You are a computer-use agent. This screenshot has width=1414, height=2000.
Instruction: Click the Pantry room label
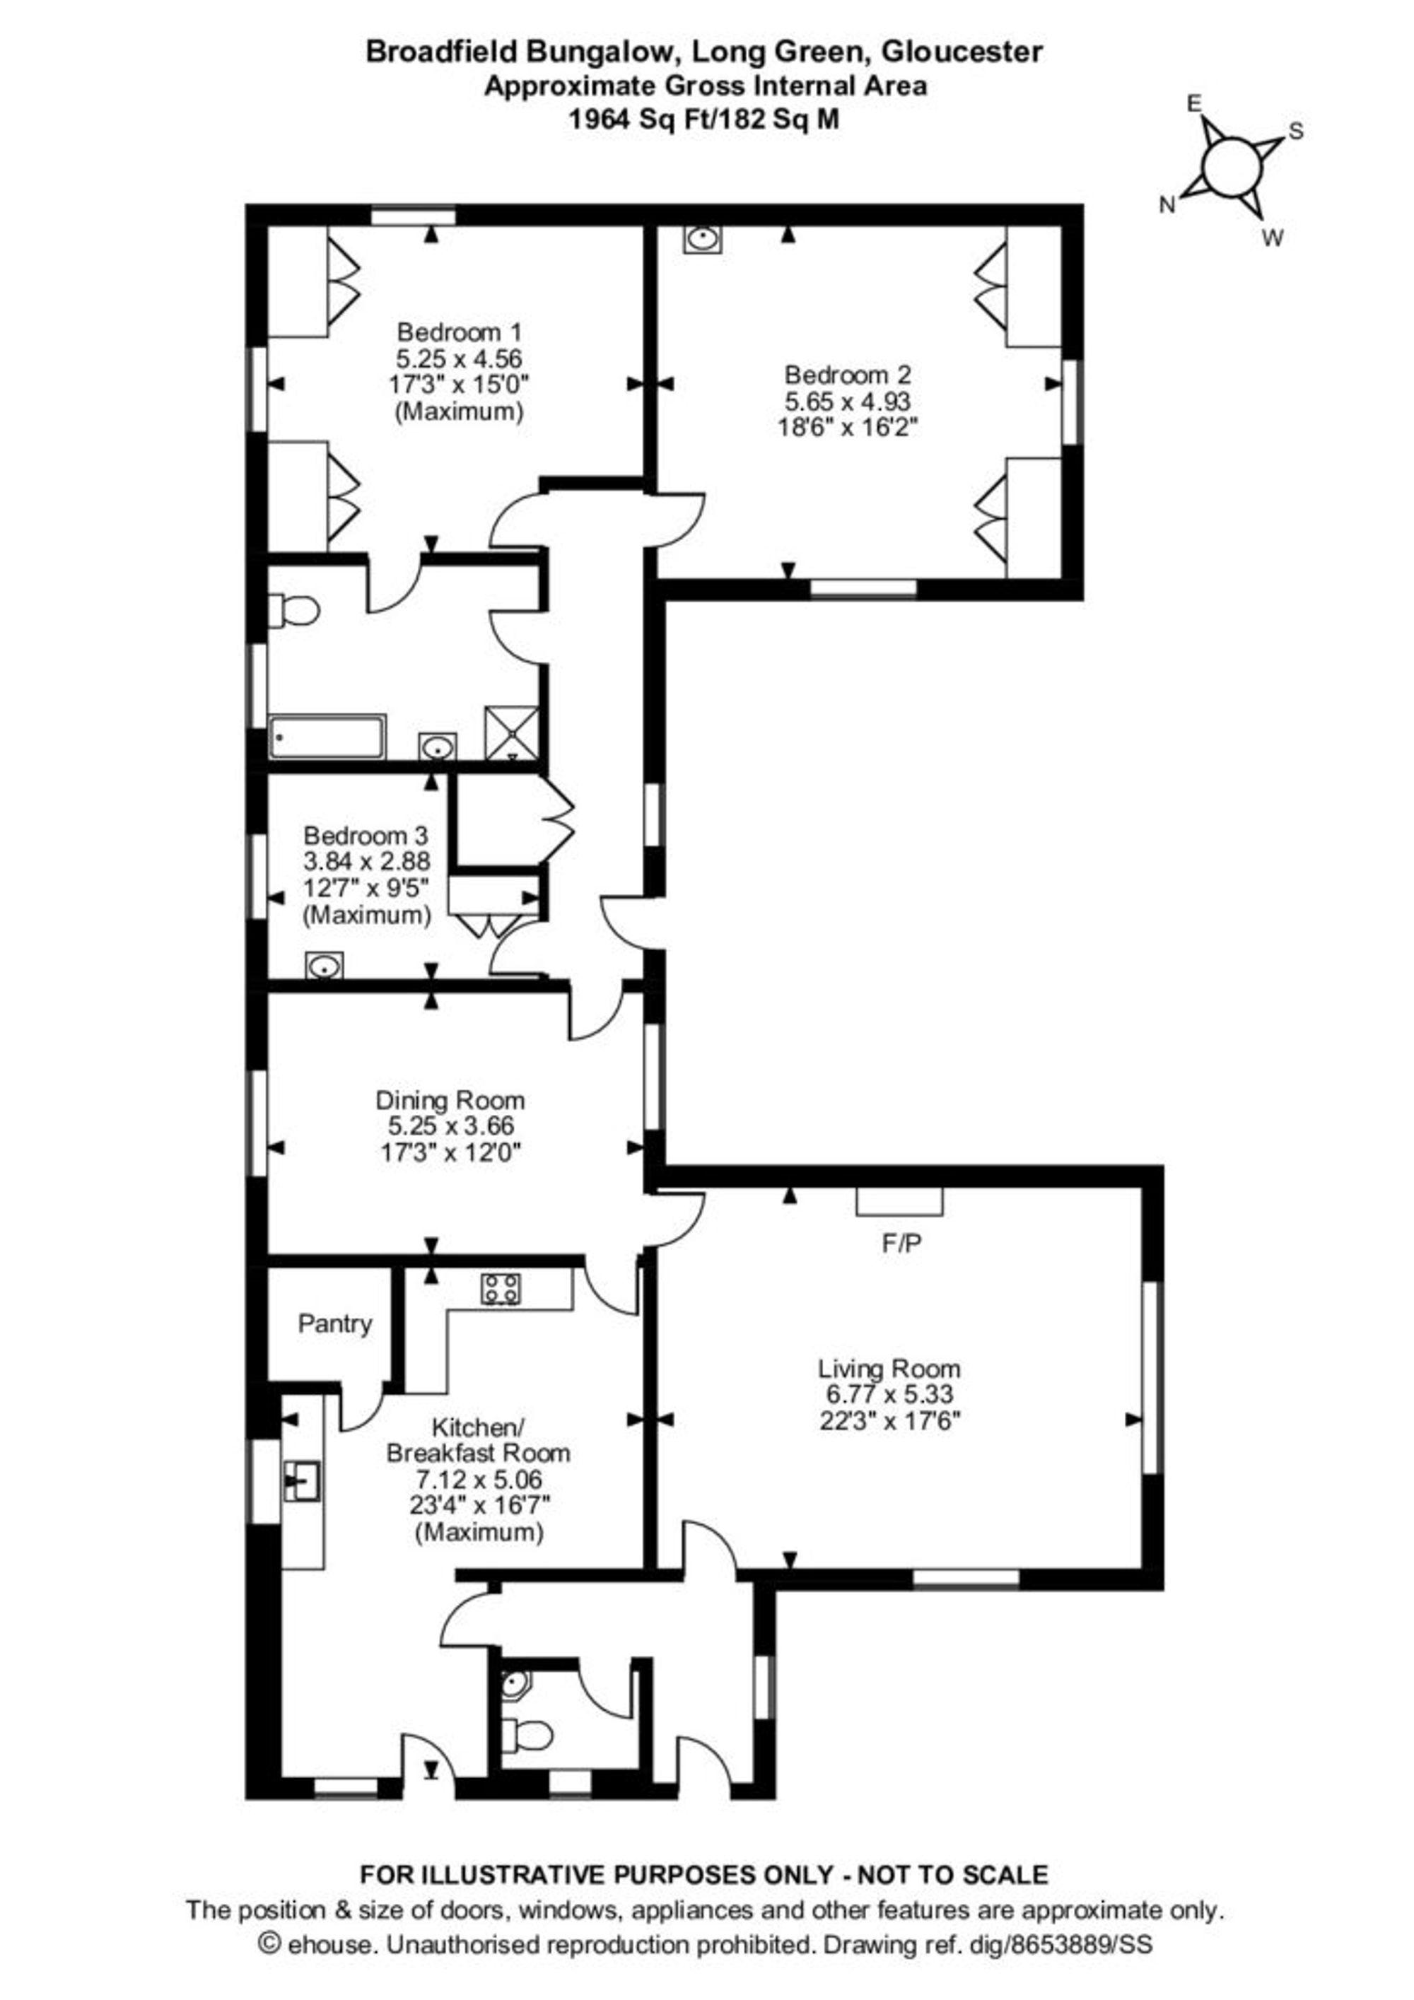pos(334,1324)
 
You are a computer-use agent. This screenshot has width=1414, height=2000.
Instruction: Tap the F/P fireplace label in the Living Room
pos(901,1243)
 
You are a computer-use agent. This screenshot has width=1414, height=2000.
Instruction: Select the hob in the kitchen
pos(502,1290)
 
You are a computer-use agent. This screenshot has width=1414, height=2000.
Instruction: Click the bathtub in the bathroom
pos(327,738)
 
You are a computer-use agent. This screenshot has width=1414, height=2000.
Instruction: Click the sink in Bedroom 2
pos(702,239)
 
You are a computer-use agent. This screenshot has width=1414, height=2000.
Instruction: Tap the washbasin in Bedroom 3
pos(324,965)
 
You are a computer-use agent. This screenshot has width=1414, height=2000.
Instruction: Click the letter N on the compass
pos(1167,206)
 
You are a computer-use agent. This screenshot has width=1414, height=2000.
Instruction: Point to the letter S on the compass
pos(1295,131)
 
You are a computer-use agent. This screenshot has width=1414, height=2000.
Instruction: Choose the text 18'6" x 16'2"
pos(848,428)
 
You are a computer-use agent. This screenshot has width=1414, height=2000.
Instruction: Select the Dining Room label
pos(450,1099)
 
